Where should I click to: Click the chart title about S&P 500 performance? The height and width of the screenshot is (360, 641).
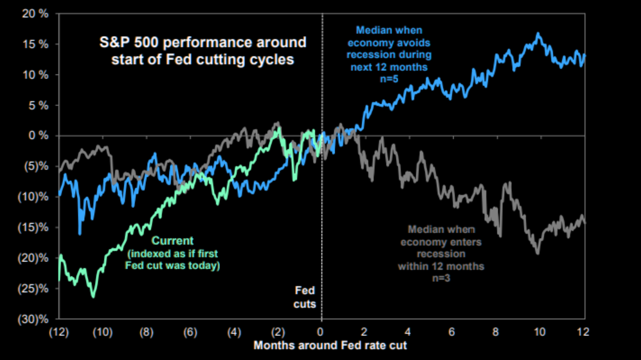(202, 52)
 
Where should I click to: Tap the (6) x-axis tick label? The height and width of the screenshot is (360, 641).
(190, 332)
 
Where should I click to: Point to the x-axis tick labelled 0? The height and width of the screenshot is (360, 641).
(321, 332)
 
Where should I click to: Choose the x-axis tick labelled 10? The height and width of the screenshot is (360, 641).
(539, 332)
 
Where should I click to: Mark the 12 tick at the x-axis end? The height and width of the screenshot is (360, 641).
(582, 332)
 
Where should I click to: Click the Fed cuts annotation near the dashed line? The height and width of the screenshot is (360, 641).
(305, 297)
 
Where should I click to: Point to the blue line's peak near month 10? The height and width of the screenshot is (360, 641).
(539, 33)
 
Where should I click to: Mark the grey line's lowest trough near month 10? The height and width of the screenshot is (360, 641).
(538, 254)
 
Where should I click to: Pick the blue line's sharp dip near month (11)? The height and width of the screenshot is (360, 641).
(80, 234)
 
